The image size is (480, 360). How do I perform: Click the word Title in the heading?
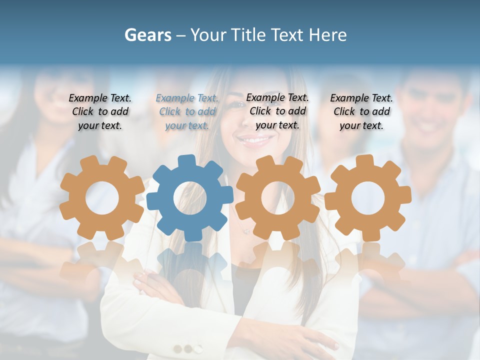248,35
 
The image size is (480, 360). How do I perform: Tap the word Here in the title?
327,35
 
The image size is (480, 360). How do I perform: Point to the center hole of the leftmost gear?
102,198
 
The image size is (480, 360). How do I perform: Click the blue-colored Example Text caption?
187,112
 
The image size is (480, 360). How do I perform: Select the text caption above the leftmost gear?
100,112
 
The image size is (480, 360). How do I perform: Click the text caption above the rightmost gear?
361,112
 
